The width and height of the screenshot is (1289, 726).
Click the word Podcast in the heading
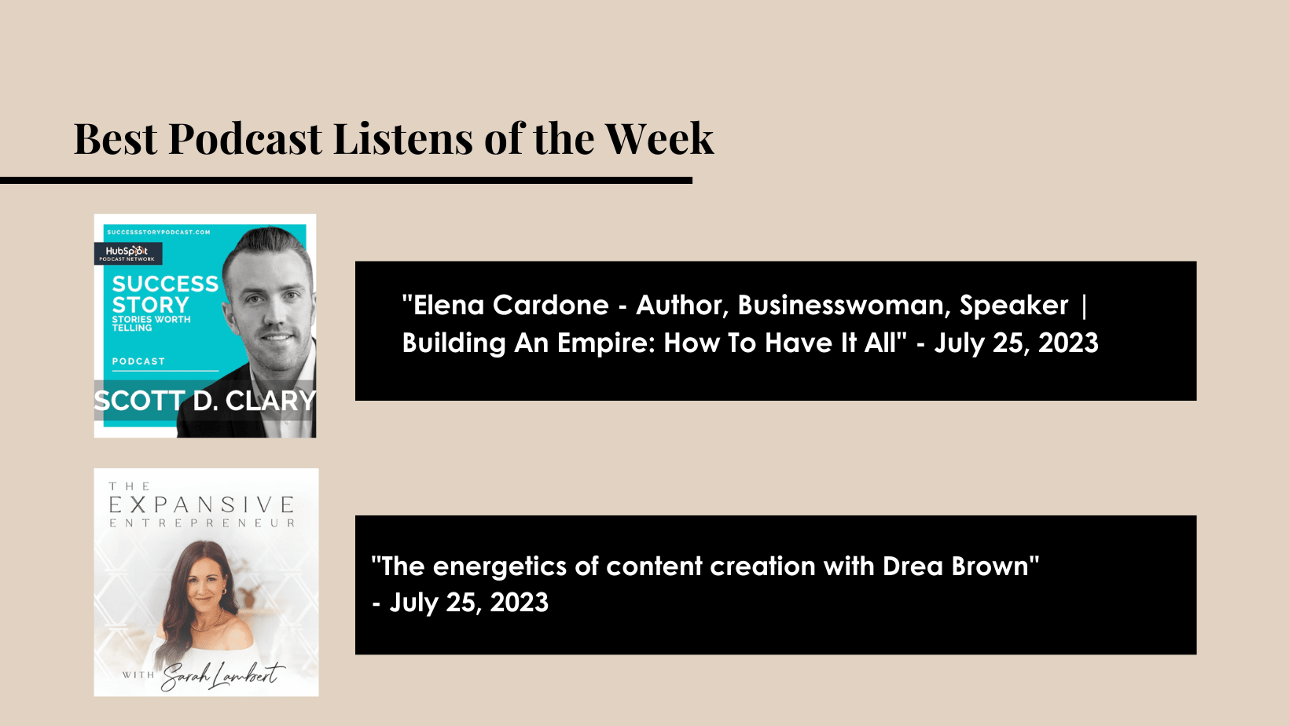pos(245,138)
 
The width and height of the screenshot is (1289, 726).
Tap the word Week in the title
pos(659,138)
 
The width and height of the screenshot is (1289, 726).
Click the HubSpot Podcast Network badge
pos(128,253)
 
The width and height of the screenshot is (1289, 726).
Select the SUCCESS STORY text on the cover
pos(165,294)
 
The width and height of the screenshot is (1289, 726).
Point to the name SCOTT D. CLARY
pos(205,401)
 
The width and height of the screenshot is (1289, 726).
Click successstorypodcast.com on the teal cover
pos(159,233)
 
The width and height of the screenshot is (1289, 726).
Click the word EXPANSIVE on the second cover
pos(202,505)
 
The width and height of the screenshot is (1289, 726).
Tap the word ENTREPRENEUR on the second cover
pos(202,523)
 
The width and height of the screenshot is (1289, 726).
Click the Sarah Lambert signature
pos(222,676)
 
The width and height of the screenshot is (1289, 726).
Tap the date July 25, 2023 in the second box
pos(469,603)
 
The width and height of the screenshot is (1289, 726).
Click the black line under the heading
pos(346,181)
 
